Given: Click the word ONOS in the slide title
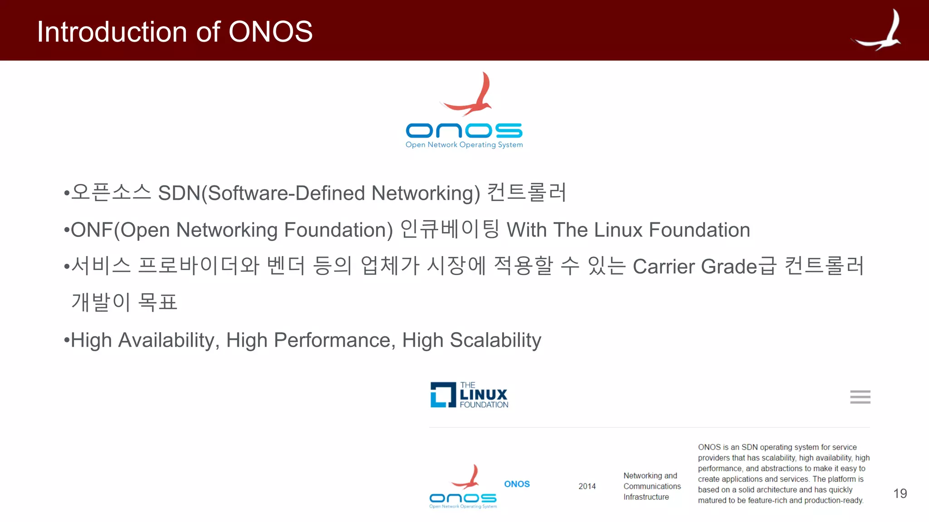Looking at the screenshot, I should (x=270, y=32).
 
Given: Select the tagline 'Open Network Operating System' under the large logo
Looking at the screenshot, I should (x=464, y=145).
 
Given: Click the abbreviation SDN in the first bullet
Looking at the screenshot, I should (x=179, y=193).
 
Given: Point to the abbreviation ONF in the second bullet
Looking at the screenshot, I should (x=92, y=230).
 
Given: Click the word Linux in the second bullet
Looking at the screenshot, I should (x=618, y=230).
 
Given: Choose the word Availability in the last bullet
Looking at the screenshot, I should (x=166, y=340).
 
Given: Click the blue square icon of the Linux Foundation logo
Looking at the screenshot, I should (x=443, y=395).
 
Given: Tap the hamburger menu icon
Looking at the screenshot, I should (x=860, y=397).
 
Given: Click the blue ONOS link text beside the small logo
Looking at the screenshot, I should (x=517, y=484).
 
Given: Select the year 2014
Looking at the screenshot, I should (x=587, y=486).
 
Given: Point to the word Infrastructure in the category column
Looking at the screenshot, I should (x=646, y=497).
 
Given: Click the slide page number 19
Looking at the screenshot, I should (x=900, y=493).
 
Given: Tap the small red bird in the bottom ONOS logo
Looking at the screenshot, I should (x=467, y=478).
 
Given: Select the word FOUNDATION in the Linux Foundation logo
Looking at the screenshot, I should (x=484, y=405).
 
